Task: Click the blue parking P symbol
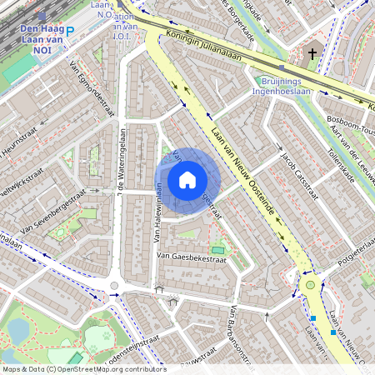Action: pos(70,32)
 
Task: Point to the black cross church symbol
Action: pos(312,54)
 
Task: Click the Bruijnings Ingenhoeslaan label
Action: pos(280,87)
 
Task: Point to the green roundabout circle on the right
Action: pos(310,285)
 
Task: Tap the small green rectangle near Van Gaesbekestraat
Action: pos(217,249)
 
